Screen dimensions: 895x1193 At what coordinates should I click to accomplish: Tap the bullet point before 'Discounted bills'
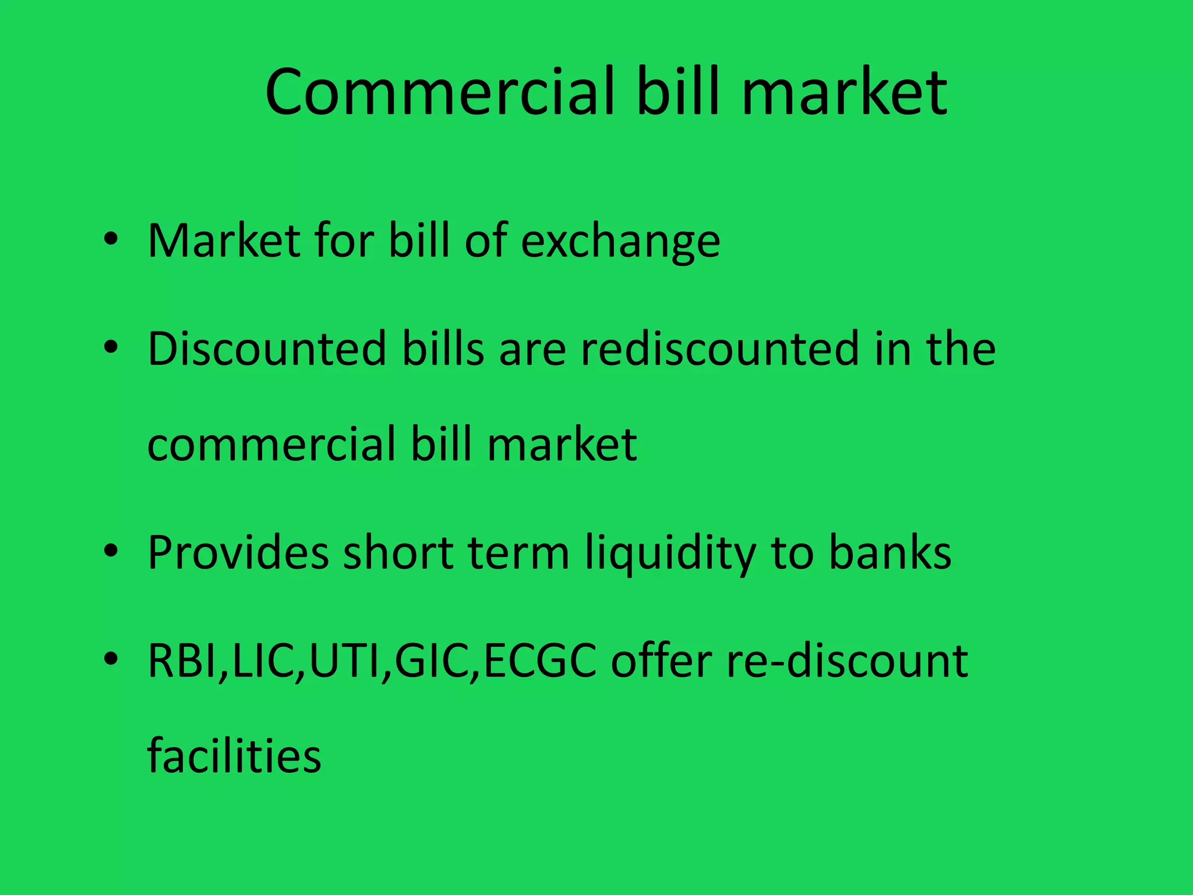[111, 348]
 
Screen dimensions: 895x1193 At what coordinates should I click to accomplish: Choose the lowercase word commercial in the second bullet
[271, 444]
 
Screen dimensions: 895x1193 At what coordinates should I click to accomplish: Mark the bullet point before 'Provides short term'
[111, 551]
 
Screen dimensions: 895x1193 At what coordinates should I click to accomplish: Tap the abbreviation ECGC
[540, 661]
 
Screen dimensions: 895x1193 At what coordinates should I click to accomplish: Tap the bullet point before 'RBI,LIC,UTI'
[111, 659]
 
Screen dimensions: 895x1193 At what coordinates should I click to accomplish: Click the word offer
[661, 661]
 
